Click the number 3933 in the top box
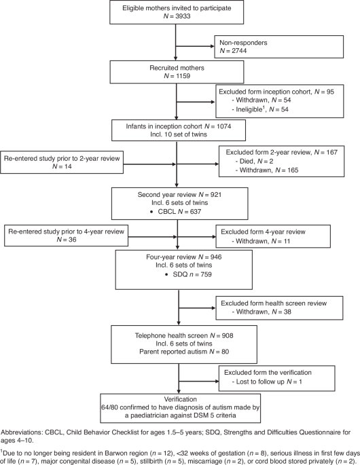click(x=183, y=16)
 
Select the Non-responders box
click(x=279, y=47)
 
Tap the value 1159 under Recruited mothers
click(x=183, y=76)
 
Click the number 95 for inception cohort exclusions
click(x=330, y=92)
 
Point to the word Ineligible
click(x=249, y=109)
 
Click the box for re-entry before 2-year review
click(x=62, y=162)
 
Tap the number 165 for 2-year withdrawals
click(x=293, y=170)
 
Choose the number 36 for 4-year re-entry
click(x=72, y=240)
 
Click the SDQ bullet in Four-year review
click(x=188, y=275)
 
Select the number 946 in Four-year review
click(x=216, y=257)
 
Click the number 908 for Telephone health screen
click(x=227, y=336)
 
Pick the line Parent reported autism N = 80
click(x=184, y=352)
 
